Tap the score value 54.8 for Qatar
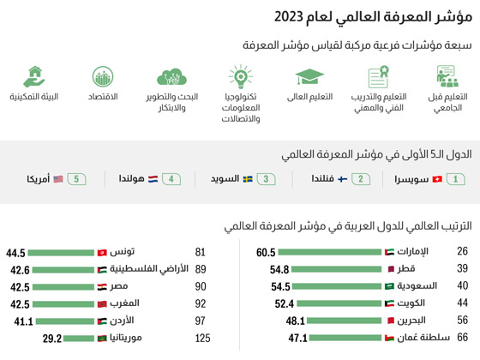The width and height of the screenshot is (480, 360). (273, 269)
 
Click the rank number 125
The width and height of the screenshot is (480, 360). (202, 338)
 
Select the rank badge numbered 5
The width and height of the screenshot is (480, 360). (77, 179)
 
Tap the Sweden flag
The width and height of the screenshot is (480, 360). (248, 179)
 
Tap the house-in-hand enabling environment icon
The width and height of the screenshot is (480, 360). (35, 76)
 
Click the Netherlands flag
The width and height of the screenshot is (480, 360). (153, 179)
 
